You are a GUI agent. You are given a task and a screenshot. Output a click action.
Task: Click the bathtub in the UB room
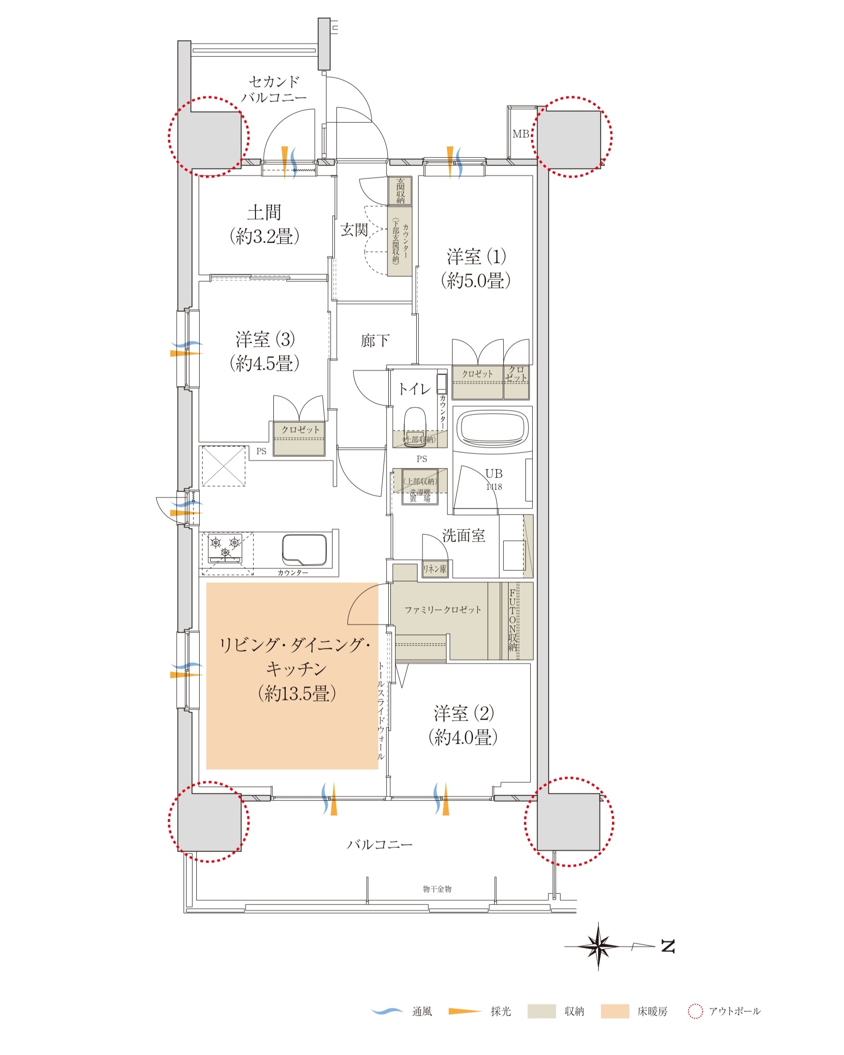click(x=492, y=428)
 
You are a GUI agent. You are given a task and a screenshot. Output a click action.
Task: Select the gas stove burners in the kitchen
click(x=225, y=549)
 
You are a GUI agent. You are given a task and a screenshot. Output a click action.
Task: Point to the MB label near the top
click(x=521, y=134)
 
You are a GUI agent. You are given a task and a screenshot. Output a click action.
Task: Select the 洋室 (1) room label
click(x=475, y=269)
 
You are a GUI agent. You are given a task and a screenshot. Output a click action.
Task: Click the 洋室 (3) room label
click(x=265, y=351)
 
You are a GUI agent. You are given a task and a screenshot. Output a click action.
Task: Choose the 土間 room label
click(x=264, y=225)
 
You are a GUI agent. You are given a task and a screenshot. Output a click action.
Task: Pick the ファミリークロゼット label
click(x=443, y=610)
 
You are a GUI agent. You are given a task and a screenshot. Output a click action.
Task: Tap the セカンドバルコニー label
click(x=273, y=89)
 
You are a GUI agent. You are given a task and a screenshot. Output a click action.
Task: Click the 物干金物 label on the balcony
click(x=437, y=889)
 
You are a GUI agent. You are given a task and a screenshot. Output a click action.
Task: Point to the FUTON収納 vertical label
click(x=512, y=620)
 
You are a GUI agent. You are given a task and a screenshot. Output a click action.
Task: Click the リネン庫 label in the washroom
click(x=435, y=569)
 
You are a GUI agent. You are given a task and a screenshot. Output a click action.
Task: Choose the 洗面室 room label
click(x=463, y=536)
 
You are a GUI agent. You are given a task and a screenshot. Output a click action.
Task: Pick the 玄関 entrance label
click(x=354, y=230)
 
